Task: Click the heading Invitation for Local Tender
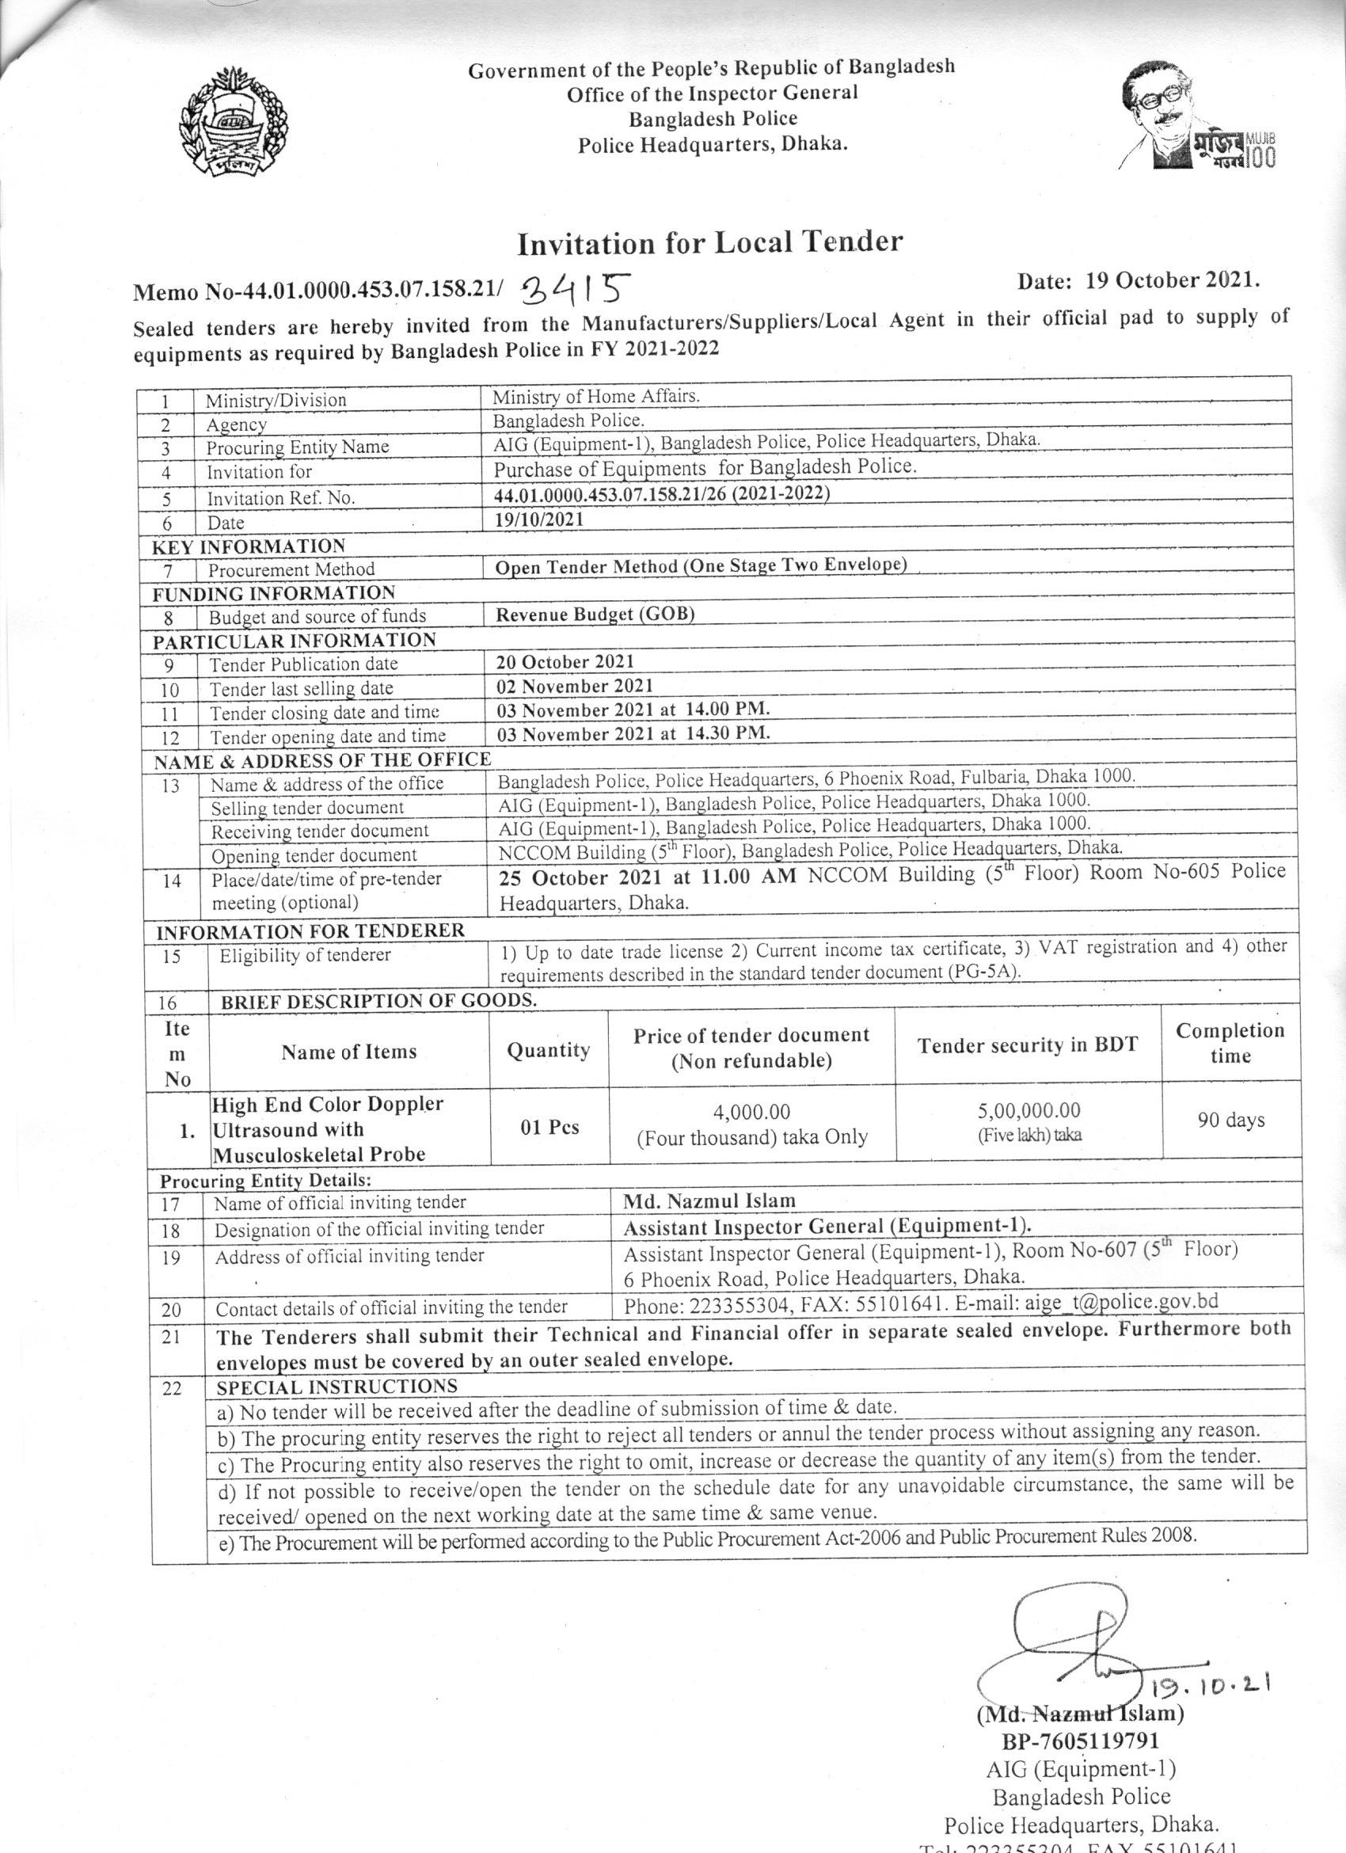(709, 242)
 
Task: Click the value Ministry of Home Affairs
(595, 396)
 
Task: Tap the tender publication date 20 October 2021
(565, 662)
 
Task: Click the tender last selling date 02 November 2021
(575, 686)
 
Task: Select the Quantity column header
(548, 1050)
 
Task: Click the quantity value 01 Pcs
(549, 1127)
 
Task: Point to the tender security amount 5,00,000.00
(1029, 1110)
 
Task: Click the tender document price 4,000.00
(751, 1112)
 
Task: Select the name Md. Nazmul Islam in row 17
(709, 1200)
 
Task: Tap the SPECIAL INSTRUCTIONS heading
(336, 1387)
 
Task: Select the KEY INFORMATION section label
(249, 546)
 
